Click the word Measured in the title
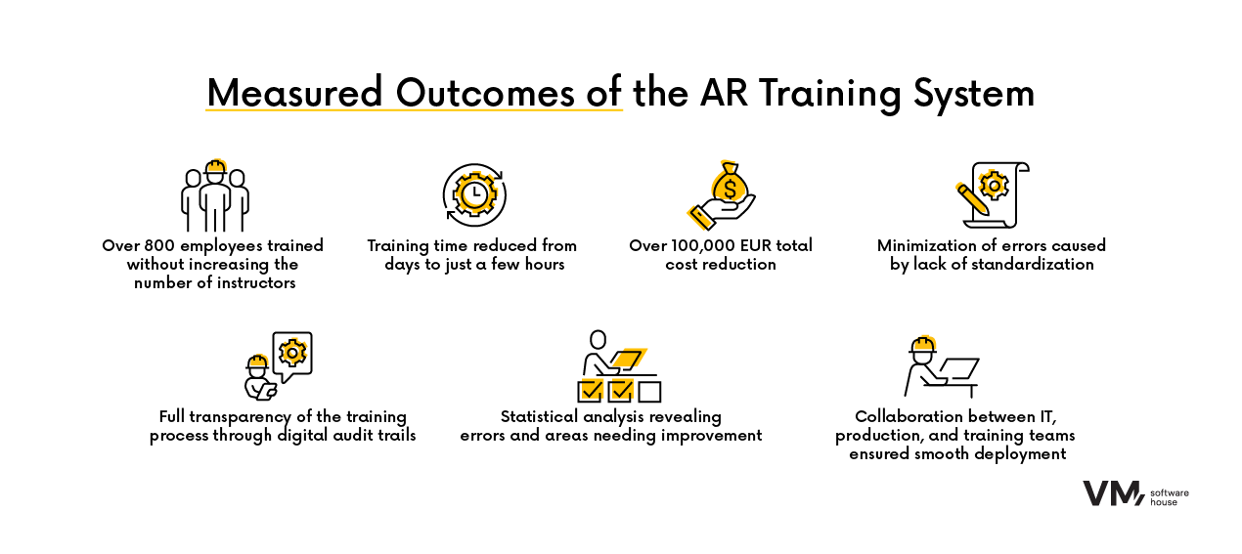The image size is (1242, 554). [x=294, y=94]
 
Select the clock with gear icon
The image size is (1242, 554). [x=472, y=194]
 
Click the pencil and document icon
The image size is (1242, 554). [x=992, y=194]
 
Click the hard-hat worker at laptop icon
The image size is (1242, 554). [x=940, y=366]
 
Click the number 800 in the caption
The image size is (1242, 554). [x=156, y=245]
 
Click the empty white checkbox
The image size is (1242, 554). [x=649, y=392]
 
